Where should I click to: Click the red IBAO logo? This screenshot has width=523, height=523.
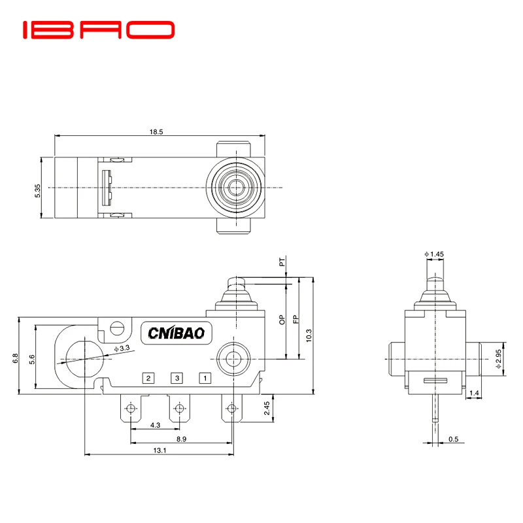click(99, 29)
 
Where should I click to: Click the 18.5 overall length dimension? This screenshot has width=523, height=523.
click(156, 131)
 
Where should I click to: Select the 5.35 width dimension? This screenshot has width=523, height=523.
click(37, 190)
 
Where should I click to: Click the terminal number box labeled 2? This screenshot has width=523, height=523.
click(149, 378)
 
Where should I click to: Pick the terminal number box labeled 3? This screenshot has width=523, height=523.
click(177, 378)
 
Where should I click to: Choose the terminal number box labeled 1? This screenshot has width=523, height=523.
click(205, 378)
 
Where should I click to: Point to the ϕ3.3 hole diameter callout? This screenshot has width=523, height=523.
click(122, 348)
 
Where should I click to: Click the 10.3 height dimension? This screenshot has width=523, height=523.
click(309, 335)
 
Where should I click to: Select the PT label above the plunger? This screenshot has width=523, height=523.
click(282, 263)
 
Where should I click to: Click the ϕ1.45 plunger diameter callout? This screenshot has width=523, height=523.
click(434, 253)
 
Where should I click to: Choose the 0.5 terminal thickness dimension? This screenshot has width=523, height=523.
click(453, 439)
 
